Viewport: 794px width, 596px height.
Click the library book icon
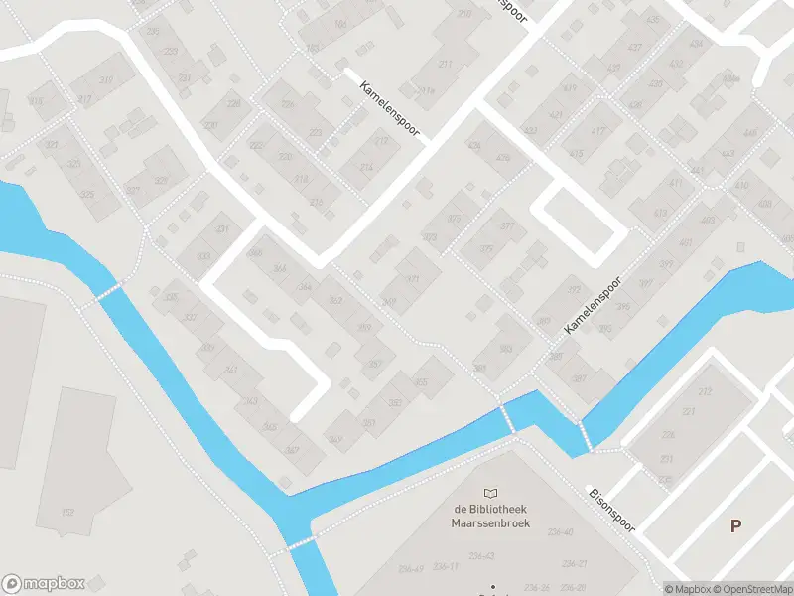pyautogui.click(x=491, y=493)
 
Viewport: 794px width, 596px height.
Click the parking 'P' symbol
pyautogui.click(x=735, y=526)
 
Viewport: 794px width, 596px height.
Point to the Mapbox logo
pyautogui.click(x=44, y=584)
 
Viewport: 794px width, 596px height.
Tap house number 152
pyautogui.click(x=67, y=513)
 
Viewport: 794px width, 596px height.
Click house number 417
pyautogui.click(x=597, y=132)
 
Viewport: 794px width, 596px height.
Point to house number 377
pyautogui.click(x=507, y=226)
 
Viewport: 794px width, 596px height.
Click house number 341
pyautogui.click(x=231, y=370)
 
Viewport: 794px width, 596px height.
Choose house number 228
pyautogui.click(x=234, y=103)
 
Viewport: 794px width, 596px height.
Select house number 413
pyautogui.click(x=661, y=213)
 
